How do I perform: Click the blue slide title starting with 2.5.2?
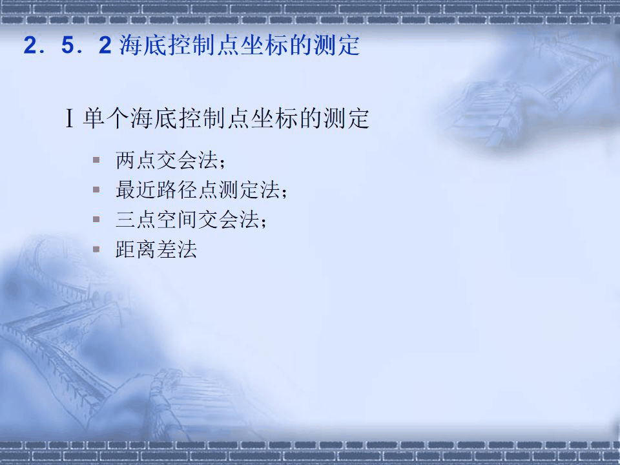click(x=191, y=46)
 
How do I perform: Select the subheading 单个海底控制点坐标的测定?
click(x=226, y=119)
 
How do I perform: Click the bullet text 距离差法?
click(x=156, y=250)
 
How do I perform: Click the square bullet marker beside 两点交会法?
click(x=96, y=159)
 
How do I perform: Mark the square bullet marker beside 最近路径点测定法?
click(x=96, y=189)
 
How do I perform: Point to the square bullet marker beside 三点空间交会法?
click(x=96, y=219)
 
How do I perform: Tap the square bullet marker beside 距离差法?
click(x=96, y=249)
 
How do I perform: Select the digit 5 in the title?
click(x=67, y=47)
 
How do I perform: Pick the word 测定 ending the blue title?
click(x=340, y=46)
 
